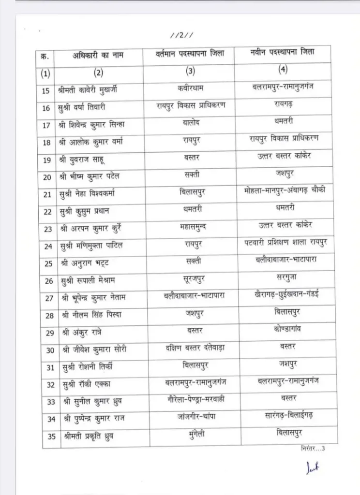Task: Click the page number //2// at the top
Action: [183, 35]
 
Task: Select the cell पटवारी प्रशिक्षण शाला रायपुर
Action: [285, 243]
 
